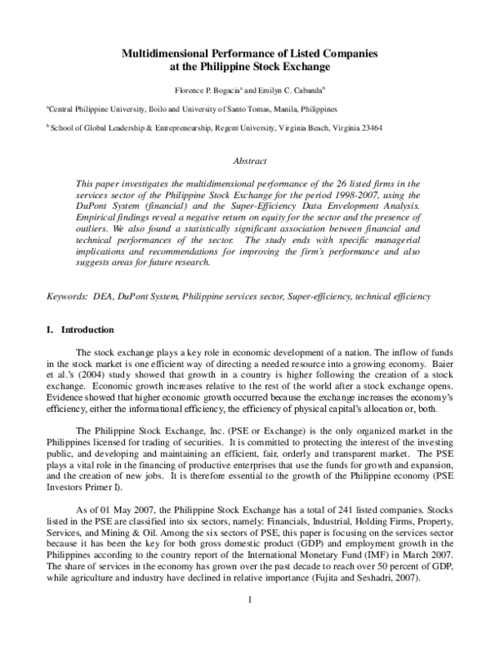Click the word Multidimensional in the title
(166, 52)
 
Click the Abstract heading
(250, 161)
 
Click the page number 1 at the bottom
(250, 621)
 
